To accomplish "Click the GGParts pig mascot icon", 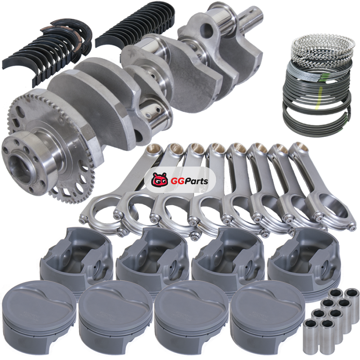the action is click(160, 180).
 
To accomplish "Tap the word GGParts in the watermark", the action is click(189, 181).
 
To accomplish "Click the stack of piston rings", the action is click(317, 85).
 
